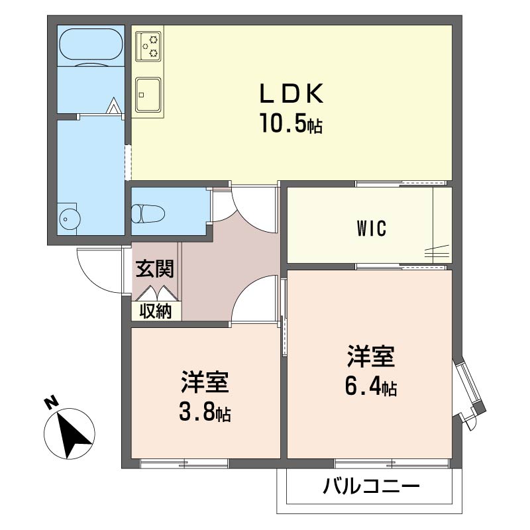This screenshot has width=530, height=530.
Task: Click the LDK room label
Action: pyautogui.click(x=291, y=93)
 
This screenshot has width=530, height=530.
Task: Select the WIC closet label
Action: pyautogui.click(x=372, y=228)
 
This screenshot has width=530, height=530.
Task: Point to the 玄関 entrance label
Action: pyautogui.click(x=155, y=268)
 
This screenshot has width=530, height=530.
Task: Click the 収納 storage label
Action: pyautogui.click(x=156, y=311)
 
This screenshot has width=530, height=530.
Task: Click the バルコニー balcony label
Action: pyautogui.click(x=371, y=486)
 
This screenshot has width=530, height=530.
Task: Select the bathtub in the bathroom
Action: pyautogui.click(x=91, y=46)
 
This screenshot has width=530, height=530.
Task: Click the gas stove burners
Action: pyautogui.click(x=148, y=46)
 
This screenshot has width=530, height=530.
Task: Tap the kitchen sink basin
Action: pyautogui.click(x=148, y=95)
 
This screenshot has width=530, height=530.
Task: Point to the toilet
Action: pyautogui.click(x=148, y=213)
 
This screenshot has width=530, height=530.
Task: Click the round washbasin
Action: pyautogui.click(x=70, y=219)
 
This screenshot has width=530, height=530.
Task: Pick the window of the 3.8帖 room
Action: pyautogui.click(x=184, y=463)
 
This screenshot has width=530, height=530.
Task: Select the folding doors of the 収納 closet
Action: pyautogui.click(x=156, y=293)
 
